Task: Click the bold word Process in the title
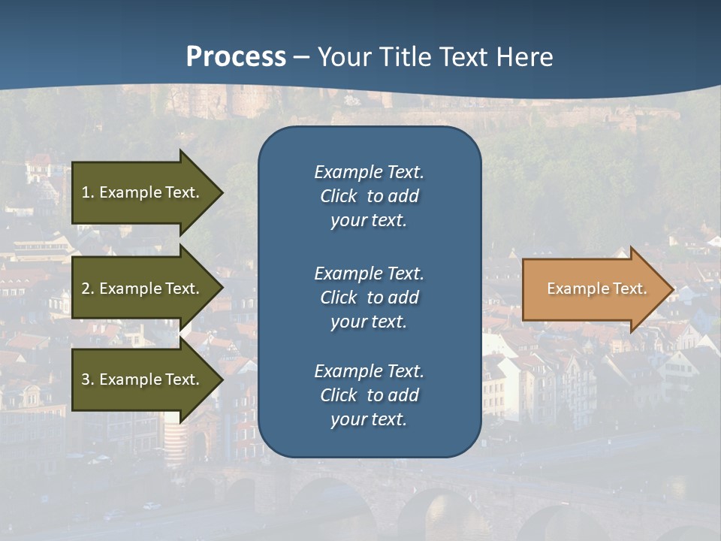coord(236,57)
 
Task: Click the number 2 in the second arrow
coord(86,289)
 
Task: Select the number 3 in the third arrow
coord(86,379)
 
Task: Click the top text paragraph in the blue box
coord(369,196)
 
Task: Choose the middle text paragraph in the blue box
coord(369,298)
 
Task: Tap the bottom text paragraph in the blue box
coord(369,395)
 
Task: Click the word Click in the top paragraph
coord(339,196)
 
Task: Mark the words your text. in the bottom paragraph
coord(369,419)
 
